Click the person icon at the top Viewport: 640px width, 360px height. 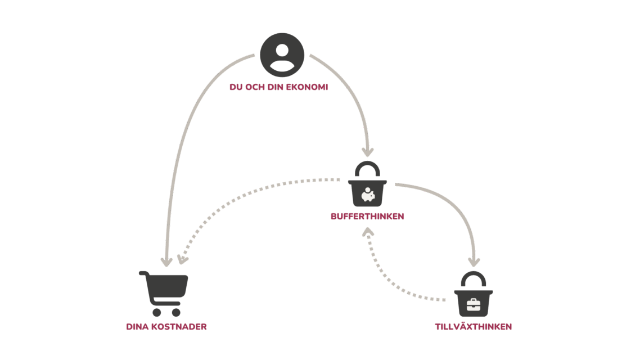(282, 55)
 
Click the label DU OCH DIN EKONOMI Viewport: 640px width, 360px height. (278, 88)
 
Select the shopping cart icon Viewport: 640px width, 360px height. (164, 292)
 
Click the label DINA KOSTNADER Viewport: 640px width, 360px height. (166, 326)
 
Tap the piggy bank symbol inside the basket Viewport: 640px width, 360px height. (368, 195)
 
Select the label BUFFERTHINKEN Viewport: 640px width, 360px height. (367, 216)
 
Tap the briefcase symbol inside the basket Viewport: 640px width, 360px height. (474, 305)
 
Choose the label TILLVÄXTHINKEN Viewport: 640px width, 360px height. (474, 326)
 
